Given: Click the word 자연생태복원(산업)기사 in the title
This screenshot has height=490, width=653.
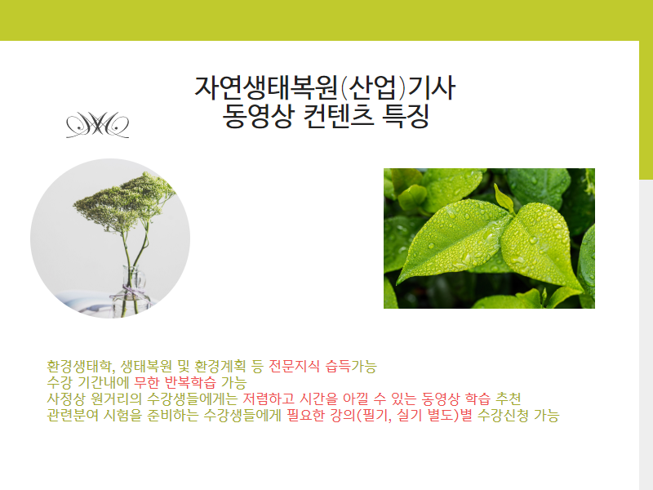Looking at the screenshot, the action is click(325, 87).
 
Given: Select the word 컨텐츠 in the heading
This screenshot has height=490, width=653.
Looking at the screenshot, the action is click(338, 116).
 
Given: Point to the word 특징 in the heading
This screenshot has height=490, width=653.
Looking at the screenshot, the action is click(405, 116).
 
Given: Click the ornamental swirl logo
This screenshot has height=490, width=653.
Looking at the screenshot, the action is click(97, 125).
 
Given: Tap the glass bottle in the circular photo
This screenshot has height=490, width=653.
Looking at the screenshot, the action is click(131, 292).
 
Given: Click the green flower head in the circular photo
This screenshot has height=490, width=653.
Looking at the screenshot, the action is click(124, 201).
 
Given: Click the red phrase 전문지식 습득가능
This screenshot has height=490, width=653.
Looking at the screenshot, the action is click(322, 366).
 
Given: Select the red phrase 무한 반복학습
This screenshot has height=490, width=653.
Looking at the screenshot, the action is click(175, 382).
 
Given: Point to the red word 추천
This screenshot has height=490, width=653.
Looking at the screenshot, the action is click(508, 399).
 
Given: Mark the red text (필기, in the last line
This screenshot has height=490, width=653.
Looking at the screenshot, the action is click(372, 415).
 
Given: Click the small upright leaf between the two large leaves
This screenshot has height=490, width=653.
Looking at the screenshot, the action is click(504, 198).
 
